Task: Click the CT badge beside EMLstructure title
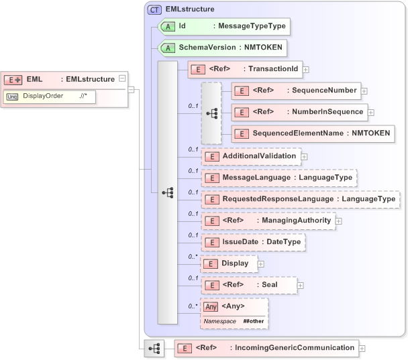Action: click(x=155, y=9)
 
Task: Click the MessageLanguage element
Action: click(x=279, y=178)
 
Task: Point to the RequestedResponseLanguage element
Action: click(x=301, y=199)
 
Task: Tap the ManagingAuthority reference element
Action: click(x=268, y=221)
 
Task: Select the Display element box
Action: click(x=228, y=263)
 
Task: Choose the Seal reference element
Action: click(x=249, y=285)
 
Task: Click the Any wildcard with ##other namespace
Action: click(x=234, y=313)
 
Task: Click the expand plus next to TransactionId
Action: click(x=306, y=69)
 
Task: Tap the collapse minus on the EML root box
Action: click(x=121, y=79)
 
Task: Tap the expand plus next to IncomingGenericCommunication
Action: click(x=362, y=348)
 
